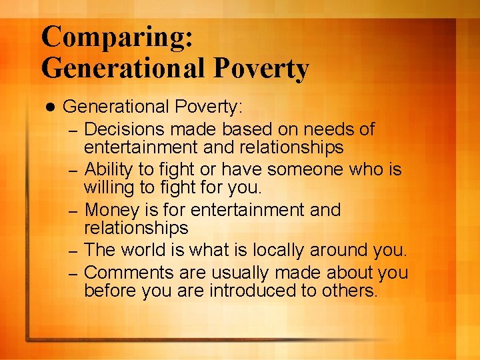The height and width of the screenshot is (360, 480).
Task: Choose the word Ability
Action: [x=110, y=169]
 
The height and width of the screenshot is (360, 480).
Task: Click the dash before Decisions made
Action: [x=74, y=130]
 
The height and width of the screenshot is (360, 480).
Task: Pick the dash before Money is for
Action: [x=74, y=211]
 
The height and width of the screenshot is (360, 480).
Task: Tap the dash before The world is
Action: [x=74, y=252]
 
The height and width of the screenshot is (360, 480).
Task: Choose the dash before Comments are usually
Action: [x=74, y=274]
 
